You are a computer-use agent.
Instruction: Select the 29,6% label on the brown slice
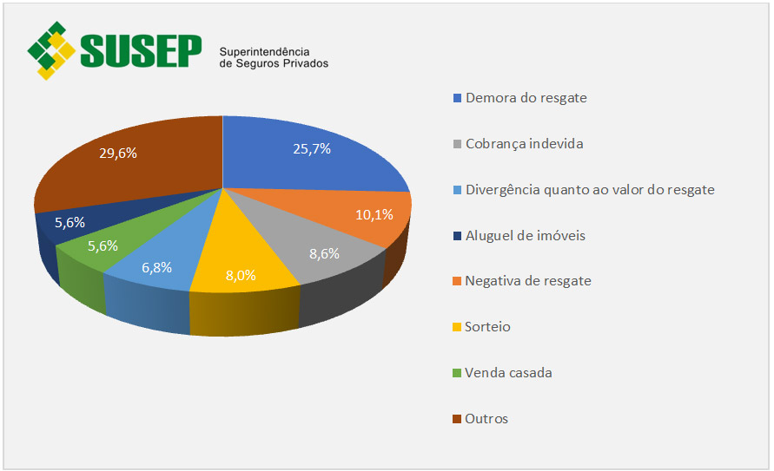pos(118,154)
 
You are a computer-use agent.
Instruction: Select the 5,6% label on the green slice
pos(102,245)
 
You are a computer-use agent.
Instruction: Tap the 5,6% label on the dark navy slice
pos(69,222)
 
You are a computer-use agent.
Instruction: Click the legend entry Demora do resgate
pos(526,97)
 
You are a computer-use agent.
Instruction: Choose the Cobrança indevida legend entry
pos(524,143)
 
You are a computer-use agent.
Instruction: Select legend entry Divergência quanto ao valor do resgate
pos(589,189)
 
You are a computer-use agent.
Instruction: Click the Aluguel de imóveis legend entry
pos(525,235)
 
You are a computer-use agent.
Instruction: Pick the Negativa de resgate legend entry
pos(527,281)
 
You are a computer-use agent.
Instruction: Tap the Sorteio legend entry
pos(487,327)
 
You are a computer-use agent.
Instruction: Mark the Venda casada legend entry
pos(508,373)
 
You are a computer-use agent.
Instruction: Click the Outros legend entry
pos(486,419)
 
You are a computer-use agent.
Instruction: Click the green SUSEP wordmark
pos(141,51)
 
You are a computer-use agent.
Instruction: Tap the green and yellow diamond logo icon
pos(51,49)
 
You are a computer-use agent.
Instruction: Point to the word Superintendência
pos(264,52)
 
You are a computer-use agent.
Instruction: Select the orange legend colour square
pos(457,282)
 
